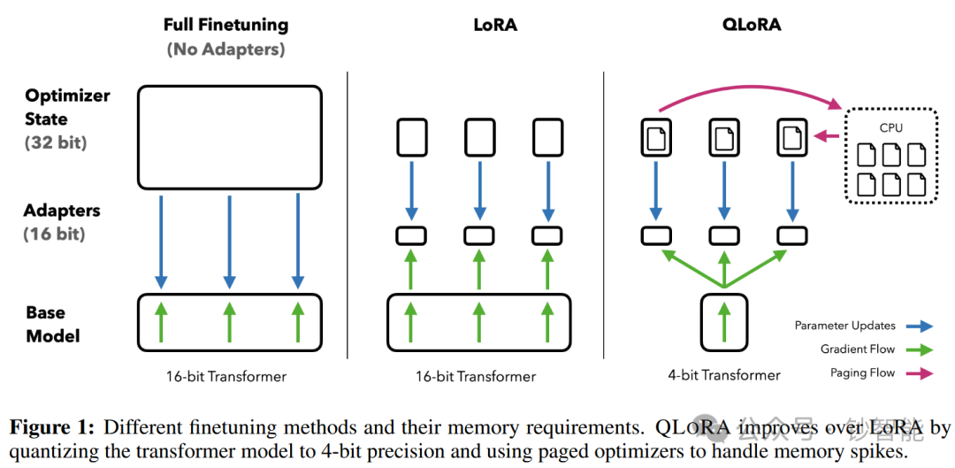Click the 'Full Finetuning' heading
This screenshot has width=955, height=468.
pos(226,25)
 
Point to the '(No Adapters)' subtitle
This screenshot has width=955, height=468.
pos(226,50)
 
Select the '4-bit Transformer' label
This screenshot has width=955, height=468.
pos(724,374)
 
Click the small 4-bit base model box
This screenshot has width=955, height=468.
pos(724,318)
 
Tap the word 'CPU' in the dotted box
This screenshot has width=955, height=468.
pos(890,127)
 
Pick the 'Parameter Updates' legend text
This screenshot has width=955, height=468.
pos(844,326)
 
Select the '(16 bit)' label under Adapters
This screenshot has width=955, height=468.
pos(52,234)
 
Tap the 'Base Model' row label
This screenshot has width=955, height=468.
pos(52,324)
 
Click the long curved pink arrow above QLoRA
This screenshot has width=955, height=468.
pos(743,85)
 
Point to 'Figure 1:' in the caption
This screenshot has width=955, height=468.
pos(52,428)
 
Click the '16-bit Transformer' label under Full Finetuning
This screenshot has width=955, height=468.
pos(226,376)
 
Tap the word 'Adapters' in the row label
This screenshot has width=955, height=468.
pos(62,211)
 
